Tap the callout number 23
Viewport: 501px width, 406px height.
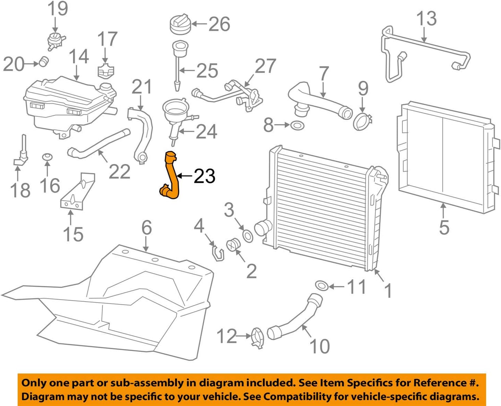(x=205, y=176)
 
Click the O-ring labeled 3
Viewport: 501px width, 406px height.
(x=248, y=236)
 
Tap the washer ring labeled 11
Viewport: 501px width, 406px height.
(x=322, y=286)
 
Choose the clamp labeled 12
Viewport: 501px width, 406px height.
(x=257, y=338)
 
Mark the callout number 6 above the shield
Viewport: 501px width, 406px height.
(x=147, y=228)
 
